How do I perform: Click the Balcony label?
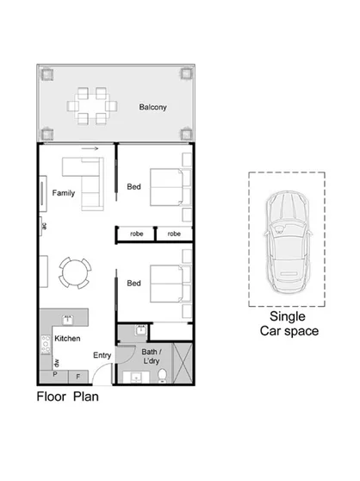click(x=152, y=108)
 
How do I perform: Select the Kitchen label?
click(x=67, y=339)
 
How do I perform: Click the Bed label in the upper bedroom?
click(x=134, y=187)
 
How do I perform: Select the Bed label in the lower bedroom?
click(x=134, y=283)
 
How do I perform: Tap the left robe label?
click(x=136, y=234)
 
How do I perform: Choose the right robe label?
click(x=173, y=234)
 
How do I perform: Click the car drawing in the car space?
click(x=286, y=238)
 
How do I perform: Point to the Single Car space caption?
click(x=288, y=324)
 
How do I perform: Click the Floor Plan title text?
click(x=67, y=398)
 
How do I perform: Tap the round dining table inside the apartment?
click(x=72, y=274)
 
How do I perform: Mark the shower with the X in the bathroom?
click(x=181, y=362)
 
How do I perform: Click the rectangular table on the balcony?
click(x=93, y=107)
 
